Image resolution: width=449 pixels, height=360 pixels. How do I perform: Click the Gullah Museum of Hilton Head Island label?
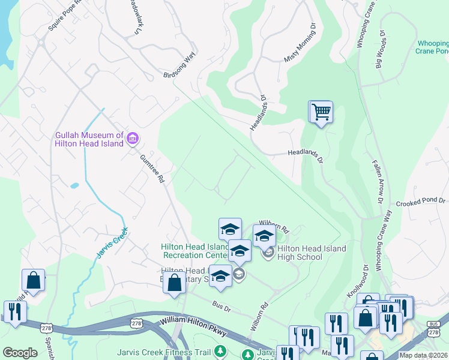click(89, 139)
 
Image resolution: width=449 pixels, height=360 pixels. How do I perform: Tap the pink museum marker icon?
click(133, 140)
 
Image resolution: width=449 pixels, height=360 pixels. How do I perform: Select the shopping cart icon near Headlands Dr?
click(321, 112)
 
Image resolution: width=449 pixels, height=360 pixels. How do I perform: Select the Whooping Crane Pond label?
click(432, 47)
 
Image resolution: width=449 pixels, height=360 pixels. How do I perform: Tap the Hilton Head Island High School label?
click(312, 253)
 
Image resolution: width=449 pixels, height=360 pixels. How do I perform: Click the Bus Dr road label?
click(222, 305)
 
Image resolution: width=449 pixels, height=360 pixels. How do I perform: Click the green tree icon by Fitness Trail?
click(222, 350)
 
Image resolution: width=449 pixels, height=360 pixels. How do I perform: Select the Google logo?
click(20, 353)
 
